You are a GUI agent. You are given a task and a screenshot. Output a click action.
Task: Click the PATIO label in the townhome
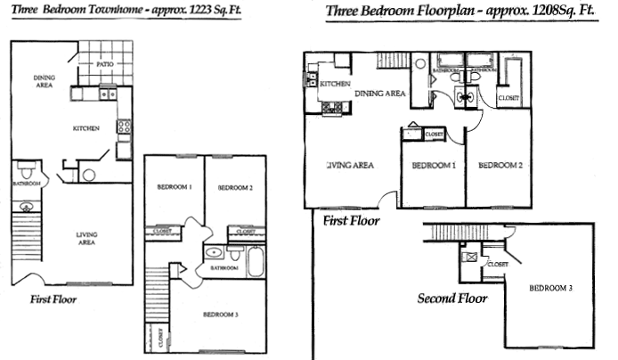[x=105, y=64]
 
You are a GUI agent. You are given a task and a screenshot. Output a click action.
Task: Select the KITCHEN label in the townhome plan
[x=86, y=129]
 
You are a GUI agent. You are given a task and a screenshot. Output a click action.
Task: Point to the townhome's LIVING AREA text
[x=85, y=238]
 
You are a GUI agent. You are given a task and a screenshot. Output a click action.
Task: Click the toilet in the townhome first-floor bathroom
[x=28, y=169]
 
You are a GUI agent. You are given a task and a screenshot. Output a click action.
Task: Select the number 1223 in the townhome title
[x=192, y=14]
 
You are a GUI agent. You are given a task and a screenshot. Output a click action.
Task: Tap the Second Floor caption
[x=452, y=299]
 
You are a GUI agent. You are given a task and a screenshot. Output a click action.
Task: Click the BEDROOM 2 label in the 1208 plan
[x=500, y=166]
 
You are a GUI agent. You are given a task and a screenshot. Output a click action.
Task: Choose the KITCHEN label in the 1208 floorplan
[x=334, y=84]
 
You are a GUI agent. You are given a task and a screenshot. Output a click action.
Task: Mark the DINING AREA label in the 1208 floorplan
[x=380, y=93]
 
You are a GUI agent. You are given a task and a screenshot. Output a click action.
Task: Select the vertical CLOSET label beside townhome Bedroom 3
[x=161, y=340]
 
